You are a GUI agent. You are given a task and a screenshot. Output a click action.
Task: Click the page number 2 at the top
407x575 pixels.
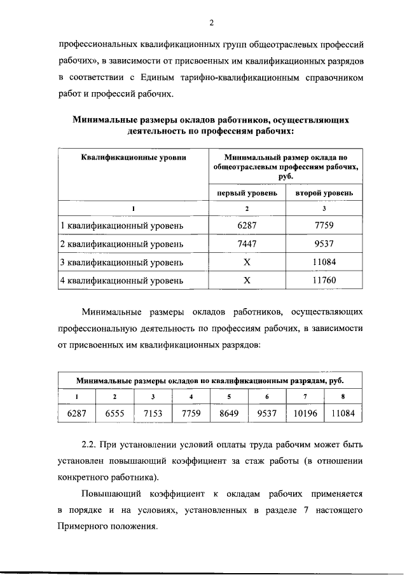(211, 24)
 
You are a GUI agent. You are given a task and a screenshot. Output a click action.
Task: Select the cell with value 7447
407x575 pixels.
(247, 243)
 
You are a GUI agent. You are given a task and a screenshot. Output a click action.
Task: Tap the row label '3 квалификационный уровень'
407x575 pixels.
(121, 261)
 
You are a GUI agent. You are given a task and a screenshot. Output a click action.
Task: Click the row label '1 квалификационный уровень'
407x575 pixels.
(121, 226)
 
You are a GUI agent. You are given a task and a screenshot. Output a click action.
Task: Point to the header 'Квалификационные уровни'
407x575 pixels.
(134, 157)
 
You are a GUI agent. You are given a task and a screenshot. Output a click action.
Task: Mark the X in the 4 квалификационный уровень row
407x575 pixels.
(247, 279)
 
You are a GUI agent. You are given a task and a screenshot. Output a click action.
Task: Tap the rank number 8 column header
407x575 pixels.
(343, 397)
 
